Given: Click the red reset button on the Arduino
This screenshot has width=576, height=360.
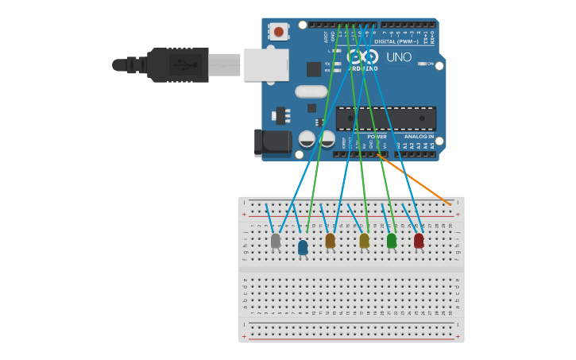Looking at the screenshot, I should click(x=278, y=32).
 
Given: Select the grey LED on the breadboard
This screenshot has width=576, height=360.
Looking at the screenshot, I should click(x=276, y=241).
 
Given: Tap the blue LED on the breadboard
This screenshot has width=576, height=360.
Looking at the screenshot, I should click(x=303, y=247).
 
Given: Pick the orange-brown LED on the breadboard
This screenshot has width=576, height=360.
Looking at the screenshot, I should click(x=331, y=240).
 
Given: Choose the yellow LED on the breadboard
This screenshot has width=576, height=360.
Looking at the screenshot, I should click(x=364, y=240).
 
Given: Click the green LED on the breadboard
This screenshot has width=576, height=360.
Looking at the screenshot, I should click(x=392, y=240).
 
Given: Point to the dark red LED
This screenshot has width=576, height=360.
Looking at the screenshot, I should click(x=419, y=240).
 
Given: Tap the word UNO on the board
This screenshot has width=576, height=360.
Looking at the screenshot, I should click(x=399, y=57).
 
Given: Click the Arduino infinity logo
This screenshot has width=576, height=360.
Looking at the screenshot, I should click(x=362, y=57).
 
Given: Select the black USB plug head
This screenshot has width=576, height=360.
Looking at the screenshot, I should click(x=177, y=64).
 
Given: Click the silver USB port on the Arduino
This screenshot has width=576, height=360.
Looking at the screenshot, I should click(x=266, y=64).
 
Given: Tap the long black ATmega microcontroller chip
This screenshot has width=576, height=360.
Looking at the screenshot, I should click(x=385, y=118).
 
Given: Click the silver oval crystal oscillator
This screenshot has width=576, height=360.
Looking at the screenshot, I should click(x=311, y=91).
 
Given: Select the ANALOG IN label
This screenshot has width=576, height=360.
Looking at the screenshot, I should click(x=419, y=137).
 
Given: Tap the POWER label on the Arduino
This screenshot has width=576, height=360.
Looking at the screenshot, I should click(x=377, y=137).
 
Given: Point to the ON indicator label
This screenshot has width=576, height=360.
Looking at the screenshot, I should click(x=431, y=64).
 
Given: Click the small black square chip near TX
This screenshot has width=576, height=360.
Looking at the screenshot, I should click(x=314, y=69).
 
